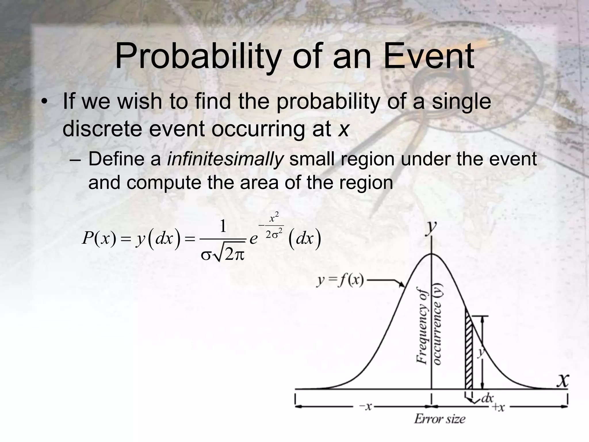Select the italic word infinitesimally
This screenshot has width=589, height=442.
tap(225, 159)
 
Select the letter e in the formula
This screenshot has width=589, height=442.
tap(253, 239)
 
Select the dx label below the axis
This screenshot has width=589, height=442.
tap(487, 398)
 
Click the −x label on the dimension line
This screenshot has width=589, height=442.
tap(366, 407)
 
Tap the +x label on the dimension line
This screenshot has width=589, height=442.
tap(498, 407)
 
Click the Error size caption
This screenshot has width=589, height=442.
tap(439, 419)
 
